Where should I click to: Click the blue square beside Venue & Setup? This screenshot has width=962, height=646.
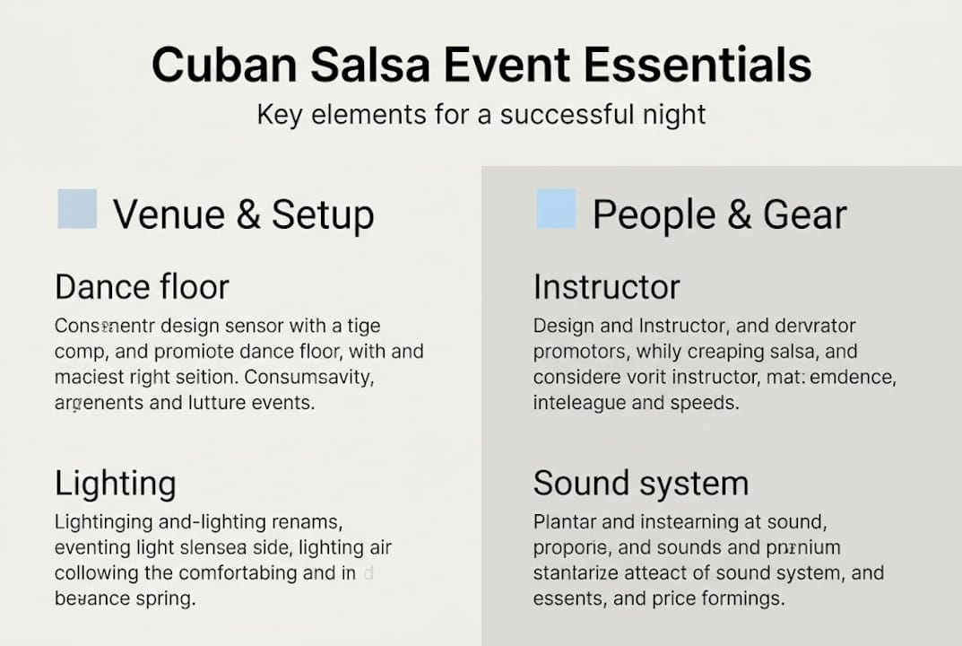(x=77, y=209)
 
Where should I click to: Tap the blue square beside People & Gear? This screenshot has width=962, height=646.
(x=556, y=209)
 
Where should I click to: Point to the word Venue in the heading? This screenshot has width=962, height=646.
(x=167, y=215)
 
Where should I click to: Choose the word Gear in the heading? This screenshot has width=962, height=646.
(x=804, y=215)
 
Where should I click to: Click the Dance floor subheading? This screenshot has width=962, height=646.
(x=142, y=287)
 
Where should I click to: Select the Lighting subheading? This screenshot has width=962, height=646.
(x=115, y=484)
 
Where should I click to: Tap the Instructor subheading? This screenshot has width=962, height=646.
(x=606, y=287)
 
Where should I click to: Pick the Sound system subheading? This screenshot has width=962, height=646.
(x=640, y=484)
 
